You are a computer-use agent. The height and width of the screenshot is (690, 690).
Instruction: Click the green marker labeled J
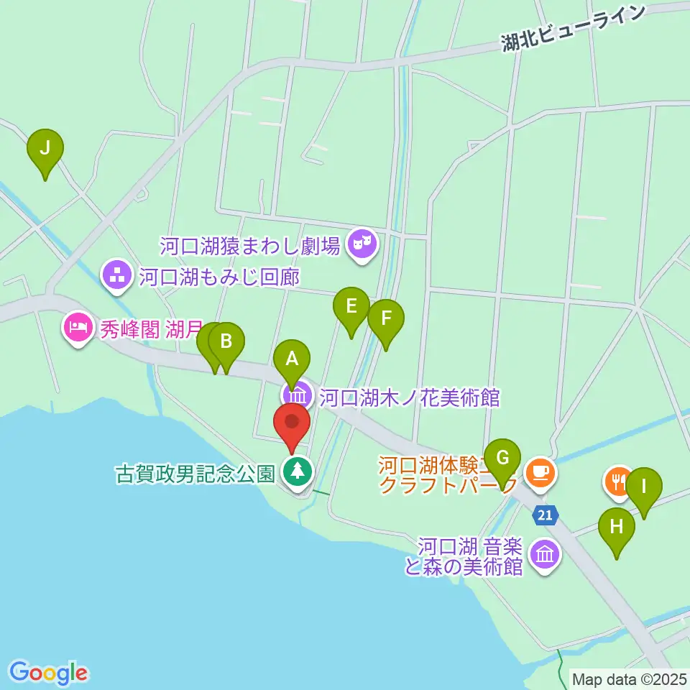pos(45,149)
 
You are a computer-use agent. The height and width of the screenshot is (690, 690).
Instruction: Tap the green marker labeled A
pos(291,358)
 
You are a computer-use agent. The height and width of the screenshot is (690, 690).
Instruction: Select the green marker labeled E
pos(351,307)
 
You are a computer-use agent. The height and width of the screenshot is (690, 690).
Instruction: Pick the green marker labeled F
pos(386,318)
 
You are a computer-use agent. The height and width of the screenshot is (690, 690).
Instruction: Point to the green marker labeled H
pos(617,527)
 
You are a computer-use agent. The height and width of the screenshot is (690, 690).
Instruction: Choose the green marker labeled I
pos(643,487)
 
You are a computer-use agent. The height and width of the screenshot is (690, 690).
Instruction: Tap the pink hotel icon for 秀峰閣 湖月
pos(77,328)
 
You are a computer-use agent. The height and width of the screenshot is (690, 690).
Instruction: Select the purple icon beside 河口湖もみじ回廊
pos(116,275)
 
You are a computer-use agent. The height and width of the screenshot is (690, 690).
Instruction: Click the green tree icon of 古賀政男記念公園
pos(295,472)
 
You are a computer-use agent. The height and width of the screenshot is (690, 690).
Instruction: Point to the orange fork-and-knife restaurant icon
pos(618,479)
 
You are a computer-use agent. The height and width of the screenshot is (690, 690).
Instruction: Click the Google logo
pos(48,672)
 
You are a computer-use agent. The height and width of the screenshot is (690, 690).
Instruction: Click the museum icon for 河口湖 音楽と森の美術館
pos(544,554)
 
